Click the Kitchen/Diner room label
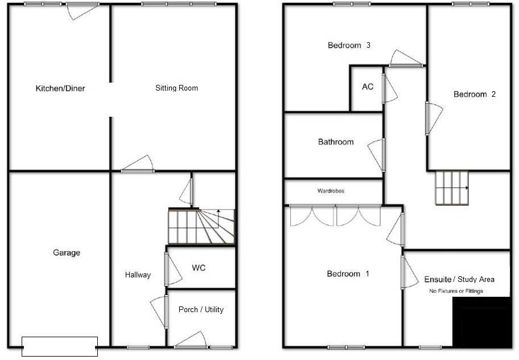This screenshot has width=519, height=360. tap(60, 88)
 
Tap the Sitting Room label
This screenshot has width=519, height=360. tap(176, 88)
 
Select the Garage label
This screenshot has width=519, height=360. tap(67, 252)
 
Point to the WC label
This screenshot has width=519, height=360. tap(199, 268)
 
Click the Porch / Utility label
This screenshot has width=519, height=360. tap(201, 309)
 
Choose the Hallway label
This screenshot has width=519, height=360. tap(138, 275)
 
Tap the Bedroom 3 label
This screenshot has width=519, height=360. tap(349, 45)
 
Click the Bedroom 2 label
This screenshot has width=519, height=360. tap(475, 94)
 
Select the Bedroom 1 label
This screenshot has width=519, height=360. tap(348, 273)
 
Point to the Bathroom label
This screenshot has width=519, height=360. tap(336, 142)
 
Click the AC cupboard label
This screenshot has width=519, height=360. tap(368, 87)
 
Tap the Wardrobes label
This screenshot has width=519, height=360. tap(331, 191)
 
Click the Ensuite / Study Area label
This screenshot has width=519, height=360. tap(459, 279)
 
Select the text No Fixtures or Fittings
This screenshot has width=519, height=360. tap(456, 291)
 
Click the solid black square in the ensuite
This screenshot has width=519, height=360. tap(481, 321)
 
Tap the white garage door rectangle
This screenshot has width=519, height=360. tap(60, 346)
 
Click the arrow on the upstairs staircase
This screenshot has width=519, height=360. tap(466, 187)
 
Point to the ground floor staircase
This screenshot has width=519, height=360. tap(201, 226)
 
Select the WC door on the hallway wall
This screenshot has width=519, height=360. tap(166, 269)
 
